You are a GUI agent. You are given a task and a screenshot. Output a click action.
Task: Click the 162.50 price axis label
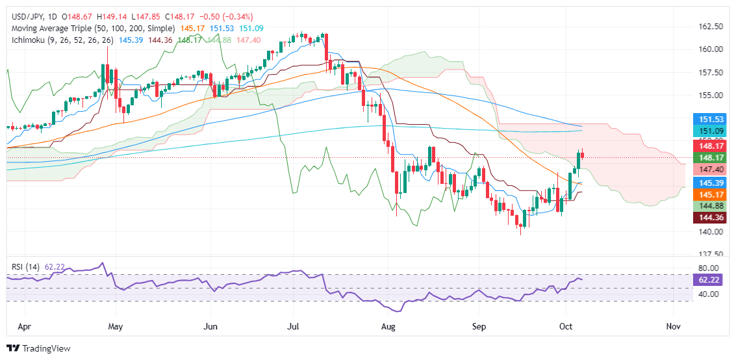(710, 27)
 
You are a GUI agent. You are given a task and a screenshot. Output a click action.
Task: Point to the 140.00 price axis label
(710, 231)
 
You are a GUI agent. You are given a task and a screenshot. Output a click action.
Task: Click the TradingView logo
(38, 348)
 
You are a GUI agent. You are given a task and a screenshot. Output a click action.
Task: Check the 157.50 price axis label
(710, 72)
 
